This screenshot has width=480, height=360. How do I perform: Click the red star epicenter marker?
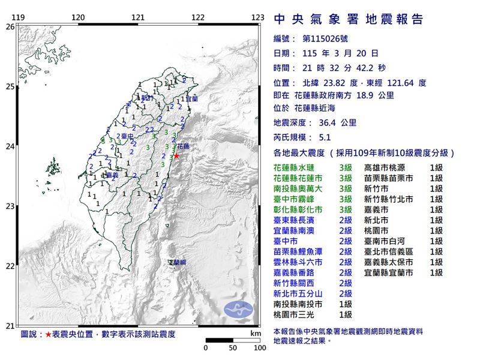click(x=176, y=156)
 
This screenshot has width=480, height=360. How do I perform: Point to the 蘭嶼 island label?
click(x=177, y=263)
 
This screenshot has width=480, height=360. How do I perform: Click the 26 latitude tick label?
click(x=10, y=27)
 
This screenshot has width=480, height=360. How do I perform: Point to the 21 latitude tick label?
click(x=10, y=326)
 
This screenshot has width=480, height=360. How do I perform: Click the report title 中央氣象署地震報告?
click(x=348, y=20)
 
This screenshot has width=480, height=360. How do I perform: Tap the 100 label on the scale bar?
click(x=259, y=347)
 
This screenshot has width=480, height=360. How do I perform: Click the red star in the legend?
click(x=49, y=334)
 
